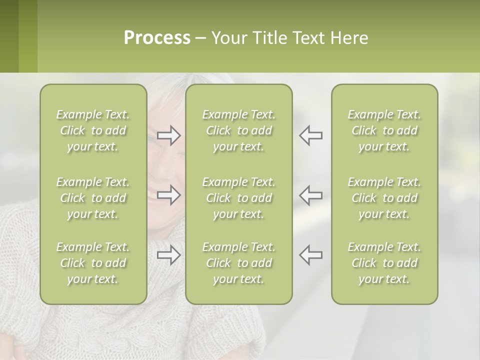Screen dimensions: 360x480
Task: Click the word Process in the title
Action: (x=157, y=38)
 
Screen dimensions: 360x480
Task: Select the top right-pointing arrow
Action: (x=168, y=135)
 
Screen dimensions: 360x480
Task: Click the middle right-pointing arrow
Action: (x=168, y=195)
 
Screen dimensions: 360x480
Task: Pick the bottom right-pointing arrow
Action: (x=168, y=255)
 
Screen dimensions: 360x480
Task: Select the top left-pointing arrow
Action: (x=311, y=135)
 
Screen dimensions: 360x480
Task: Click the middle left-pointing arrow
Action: (x=311, y=195)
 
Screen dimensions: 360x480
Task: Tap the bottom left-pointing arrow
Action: (x=311, y=255)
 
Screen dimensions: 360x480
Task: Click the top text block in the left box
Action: (x=93, y=130)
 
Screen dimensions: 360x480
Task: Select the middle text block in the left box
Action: (x=93, y=198)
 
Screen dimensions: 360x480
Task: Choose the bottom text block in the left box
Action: (x=93, y=263)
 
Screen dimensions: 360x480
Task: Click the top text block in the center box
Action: (x=239, y=130)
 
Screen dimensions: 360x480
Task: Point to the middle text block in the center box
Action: (x=239, y=198)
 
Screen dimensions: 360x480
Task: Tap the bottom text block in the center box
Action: (x=239, y=263)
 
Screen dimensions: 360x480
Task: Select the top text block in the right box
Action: (x=384, y=130)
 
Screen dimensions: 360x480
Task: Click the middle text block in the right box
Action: (x=384, y=198)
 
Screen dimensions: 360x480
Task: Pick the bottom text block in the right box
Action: (x=384, y=263)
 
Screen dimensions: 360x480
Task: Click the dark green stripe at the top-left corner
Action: (x=9, y=36)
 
